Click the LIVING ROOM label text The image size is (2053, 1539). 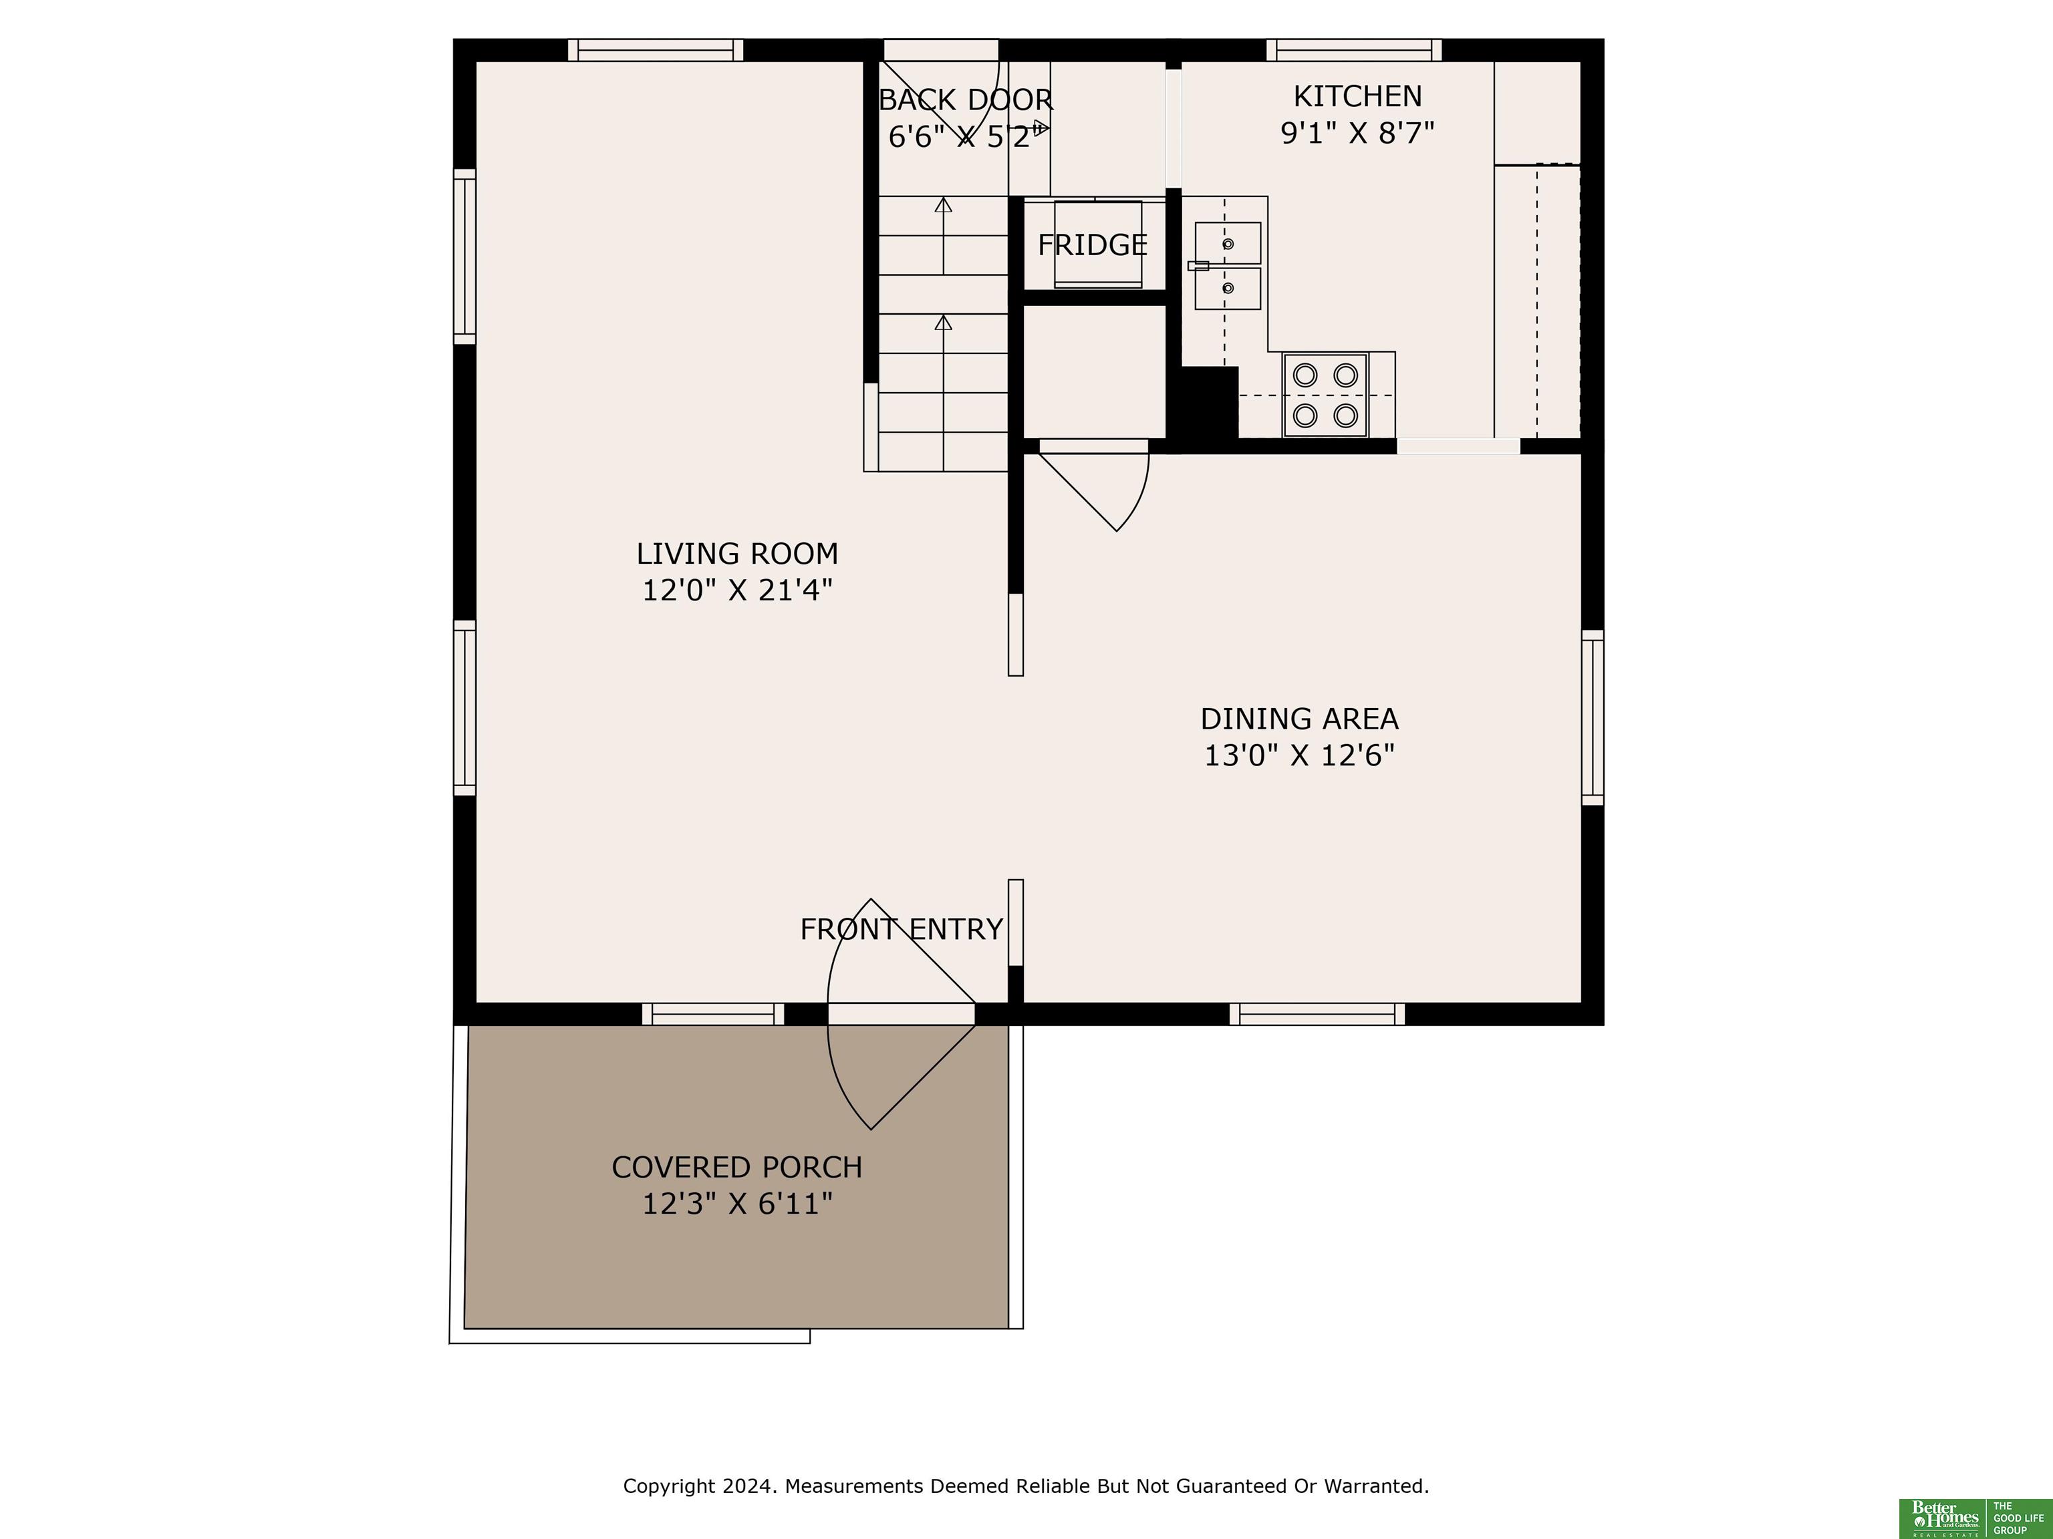(x=737, y=554)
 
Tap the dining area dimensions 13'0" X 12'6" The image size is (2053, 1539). (x=1299, y=755)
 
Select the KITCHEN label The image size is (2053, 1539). (x=1357, y=96)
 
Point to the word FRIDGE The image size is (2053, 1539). (x=1093, y=245)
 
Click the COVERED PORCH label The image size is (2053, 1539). (x=737, y=1167)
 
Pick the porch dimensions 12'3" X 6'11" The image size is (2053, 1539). (x=737, y=1204)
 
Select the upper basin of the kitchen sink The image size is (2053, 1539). (x=1228, y=243)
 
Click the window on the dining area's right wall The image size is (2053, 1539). (x=1593, y=718)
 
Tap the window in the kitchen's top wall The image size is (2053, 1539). (x=1354, y=50)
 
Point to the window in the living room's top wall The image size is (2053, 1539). (x=655, y=50)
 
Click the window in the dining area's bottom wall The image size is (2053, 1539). (x=1317, y=1014)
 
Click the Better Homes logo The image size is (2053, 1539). (x=1943, y=1518)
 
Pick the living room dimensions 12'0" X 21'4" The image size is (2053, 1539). (x=737, y=590)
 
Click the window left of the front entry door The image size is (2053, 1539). (x=713, y=1014)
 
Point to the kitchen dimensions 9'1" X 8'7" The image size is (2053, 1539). (x=1357, y=134)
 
